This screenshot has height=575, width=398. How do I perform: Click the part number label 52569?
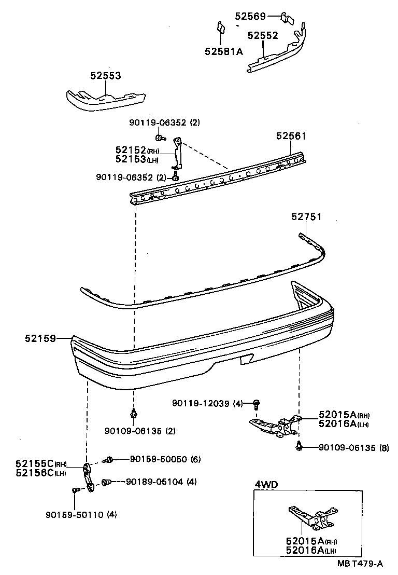(x=251, y=16)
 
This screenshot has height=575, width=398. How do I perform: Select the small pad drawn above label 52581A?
(x=220, y=28)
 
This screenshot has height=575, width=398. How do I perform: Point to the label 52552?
(x=263, y=36)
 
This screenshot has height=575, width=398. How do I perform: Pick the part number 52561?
(x=291, y=136)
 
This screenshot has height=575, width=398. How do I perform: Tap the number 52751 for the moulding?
(x=306, y=217)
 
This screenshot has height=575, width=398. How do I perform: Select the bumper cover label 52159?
(x=40, y=338)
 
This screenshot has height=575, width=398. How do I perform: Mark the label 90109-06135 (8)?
(x=353, y=447)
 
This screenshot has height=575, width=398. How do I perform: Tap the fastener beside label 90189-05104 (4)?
(x=105, y=482)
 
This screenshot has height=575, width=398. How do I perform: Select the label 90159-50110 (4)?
(x=81, y=515)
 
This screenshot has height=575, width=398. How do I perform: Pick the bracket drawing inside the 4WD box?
(x=308, y=517)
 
